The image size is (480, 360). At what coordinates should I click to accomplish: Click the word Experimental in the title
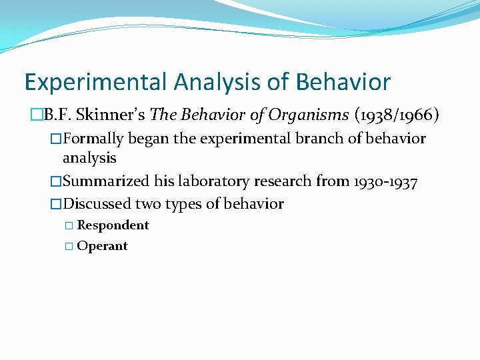point(96,83)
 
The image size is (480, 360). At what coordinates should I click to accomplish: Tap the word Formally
point(94,139)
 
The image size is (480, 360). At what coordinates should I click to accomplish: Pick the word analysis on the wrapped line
point(89,158)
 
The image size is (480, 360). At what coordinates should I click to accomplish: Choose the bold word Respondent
point(113,225)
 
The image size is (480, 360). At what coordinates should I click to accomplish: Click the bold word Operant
point(102,246)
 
